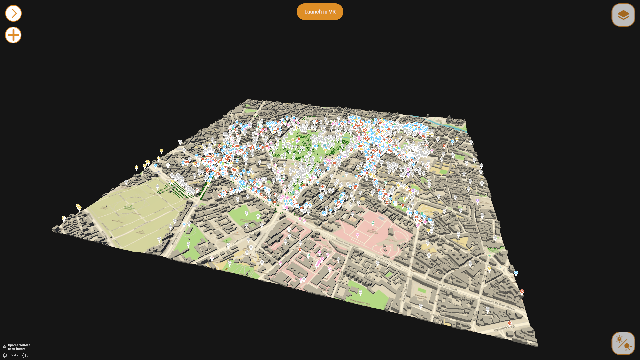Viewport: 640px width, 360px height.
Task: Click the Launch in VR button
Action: coord(320,12)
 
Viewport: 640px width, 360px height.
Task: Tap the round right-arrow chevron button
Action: coord(13,13)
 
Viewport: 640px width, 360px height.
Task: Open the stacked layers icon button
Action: coord(623,15)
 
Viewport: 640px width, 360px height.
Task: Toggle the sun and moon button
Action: coord(623,343)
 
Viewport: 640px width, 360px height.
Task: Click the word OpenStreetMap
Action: coord(19,345)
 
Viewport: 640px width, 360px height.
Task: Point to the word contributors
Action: coord(17,349)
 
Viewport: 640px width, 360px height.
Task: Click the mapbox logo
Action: coord(12,355)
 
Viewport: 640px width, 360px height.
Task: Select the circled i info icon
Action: coord(25,355)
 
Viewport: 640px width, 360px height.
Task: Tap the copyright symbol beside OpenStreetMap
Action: coord(4,347)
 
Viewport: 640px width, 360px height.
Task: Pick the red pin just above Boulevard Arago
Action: coord(509,323)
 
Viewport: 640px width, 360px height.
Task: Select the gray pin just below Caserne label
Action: coord(421,305)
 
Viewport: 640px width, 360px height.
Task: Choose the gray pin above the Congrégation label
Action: coord(360,292)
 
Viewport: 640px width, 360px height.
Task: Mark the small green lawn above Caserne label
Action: coord(422,290)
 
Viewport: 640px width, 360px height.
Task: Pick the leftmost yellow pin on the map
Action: coord(64,218)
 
